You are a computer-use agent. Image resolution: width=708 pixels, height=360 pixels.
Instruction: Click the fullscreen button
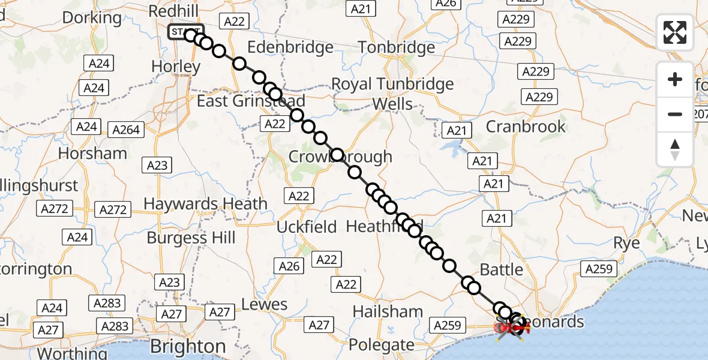675,32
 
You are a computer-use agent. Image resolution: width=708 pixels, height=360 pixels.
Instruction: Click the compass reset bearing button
675,149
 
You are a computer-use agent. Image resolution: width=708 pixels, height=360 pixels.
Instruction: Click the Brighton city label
188,346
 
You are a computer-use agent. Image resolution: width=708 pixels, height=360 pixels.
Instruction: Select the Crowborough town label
340,157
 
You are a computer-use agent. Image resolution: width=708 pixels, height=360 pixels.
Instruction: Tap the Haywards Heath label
205,203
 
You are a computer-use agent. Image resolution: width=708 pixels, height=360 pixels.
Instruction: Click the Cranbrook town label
526,126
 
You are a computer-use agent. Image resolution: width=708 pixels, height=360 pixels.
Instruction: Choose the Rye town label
626,243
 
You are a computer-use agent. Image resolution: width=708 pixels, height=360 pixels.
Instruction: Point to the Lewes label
265,304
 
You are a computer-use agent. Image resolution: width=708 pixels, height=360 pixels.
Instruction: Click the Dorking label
92,17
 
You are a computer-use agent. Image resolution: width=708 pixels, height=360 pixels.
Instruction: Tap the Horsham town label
92,153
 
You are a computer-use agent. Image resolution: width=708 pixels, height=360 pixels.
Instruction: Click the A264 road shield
126,129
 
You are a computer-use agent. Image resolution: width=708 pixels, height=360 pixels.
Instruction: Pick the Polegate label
382,345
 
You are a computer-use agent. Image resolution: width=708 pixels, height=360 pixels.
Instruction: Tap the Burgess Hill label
191,238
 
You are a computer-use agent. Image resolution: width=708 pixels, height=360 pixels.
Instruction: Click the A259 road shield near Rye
599,269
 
